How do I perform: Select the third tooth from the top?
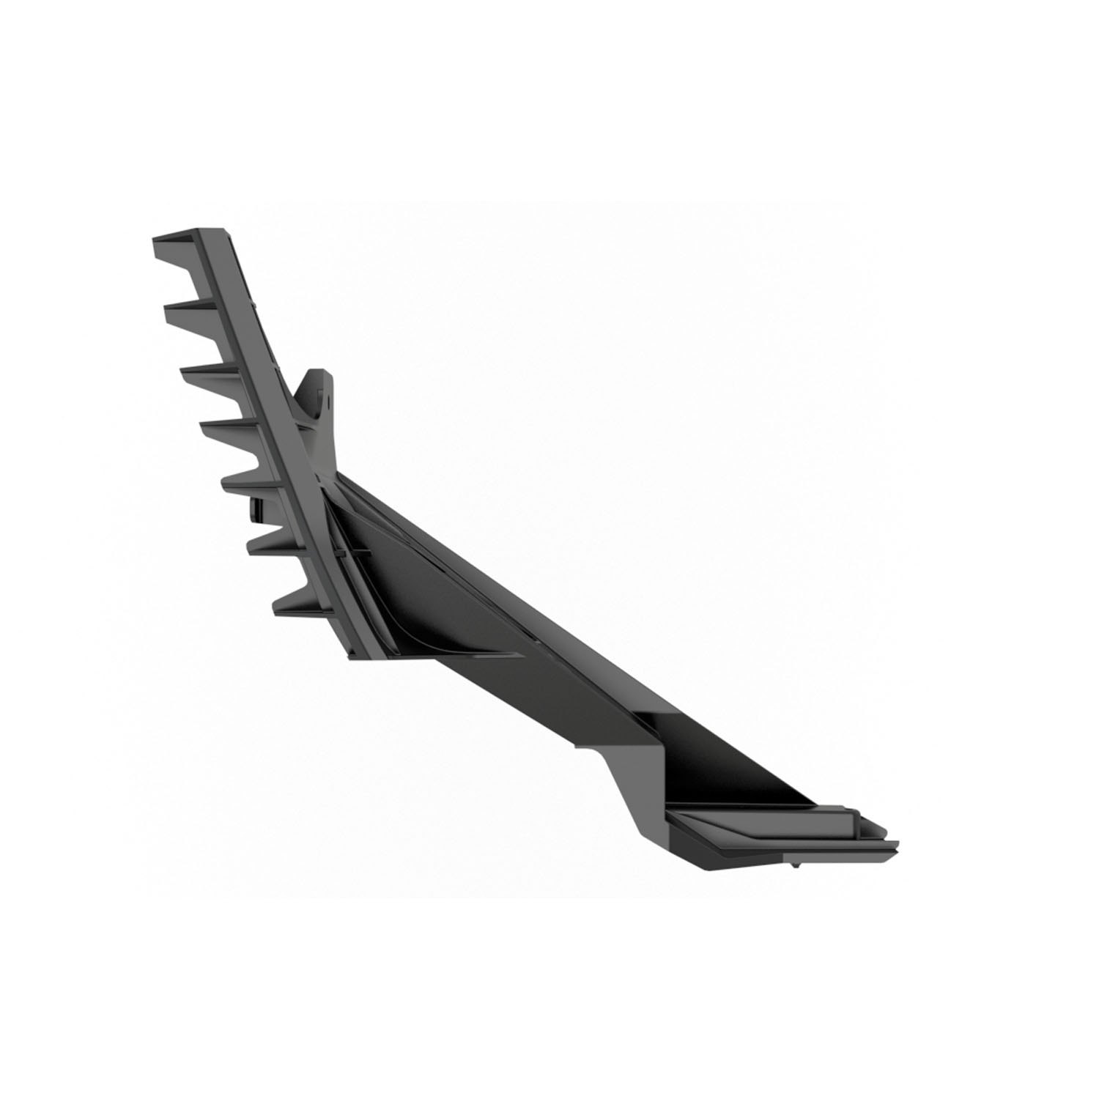coord(205,375)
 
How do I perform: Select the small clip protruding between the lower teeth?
coord(256,510)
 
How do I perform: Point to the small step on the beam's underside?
coord(586,747)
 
